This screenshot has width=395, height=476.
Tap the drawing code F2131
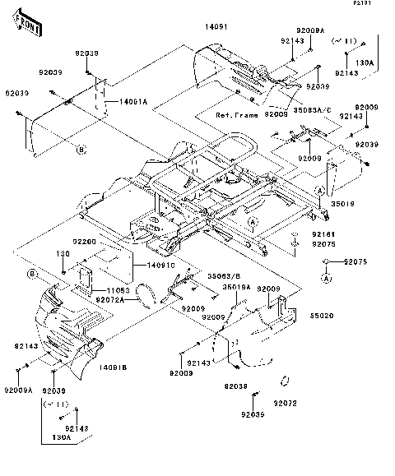click(x=376, y=5)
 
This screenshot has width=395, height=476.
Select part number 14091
click(x=216, y=26)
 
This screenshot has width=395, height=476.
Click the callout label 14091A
click(x=132, y=101)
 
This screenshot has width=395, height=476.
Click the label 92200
click(x=84, y=243)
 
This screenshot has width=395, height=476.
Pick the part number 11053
click(x=118, y=291)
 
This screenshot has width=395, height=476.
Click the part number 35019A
click(x=238, y=287)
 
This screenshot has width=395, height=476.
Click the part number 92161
click(x=323, y=234)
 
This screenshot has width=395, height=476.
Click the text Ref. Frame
click(x=239, y=115)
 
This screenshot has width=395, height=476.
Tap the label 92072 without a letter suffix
click(x=285, y=404)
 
